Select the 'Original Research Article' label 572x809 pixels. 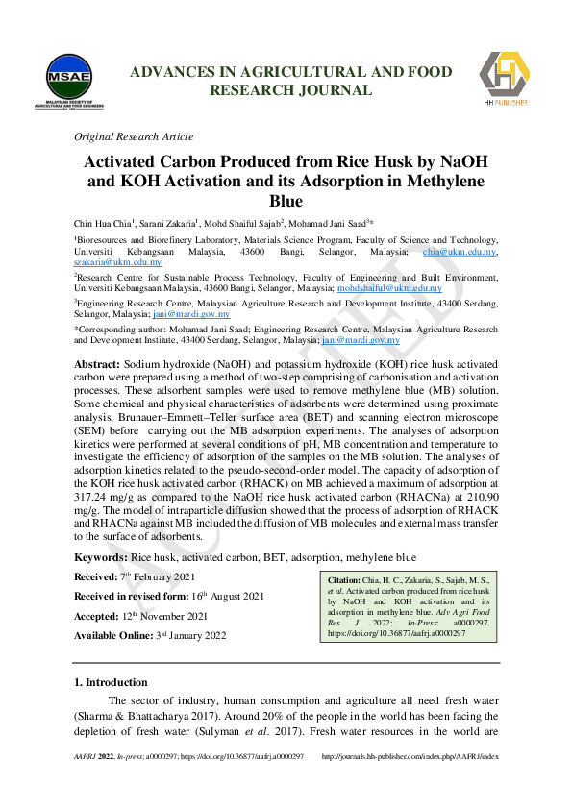(134, 136)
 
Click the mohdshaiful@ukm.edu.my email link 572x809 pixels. (389, 287)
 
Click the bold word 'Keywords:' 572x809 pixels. (101, 557)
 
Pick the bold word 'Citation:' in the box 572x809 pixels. (344, 580)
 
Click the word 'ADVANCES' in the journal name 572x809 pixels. (171, 72)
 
